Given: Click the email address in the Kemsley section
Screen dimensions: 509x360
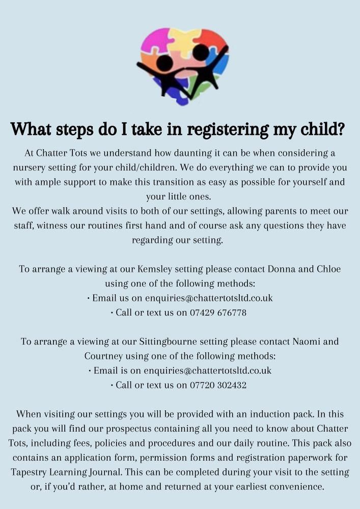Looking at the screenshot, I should click(x=209, y=298).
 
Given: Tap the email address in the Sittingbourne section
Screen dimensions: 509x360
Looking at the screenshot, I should click(x=208, y=371).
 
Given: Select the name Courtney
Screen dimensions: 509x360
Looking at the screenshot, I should click(x=104, y=356).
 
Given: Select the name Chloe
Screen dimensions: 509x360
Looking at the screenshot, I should click(x=329, y=269).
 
